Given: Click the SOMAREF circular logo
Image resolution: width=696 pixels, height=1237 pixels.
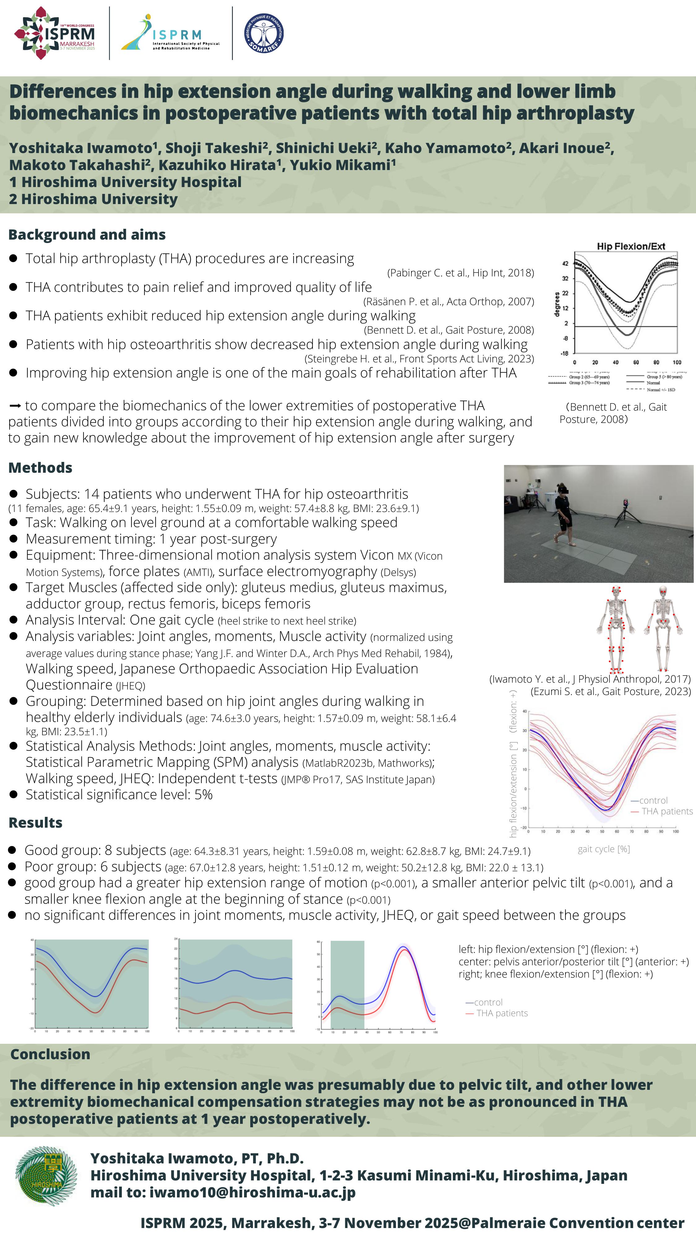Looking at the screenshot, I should pyautogui.click(x=264, y=33).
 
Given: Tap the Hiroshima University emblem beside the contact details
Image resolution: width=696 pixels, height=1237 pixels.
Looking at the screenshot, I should pyautogui.click(x=46, y=1175).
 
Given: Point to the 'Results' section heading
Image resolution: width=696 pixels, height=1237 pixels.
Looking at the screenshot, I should pyautogui.click(x=36, y=823).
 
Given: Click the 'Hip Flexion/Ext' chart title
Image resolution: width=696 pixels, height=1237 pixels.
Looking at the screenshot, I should pyautogui.click(x=631, y=246).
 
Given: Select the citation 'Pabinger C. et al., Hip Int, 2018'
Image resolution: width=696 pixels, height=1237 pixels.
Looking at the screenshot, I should pyautogui.click(x=461, y=273).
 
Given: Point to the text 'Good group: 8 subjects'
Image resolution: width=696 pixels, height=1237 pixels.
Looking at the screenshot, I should pyautogui.click(x=95, y=851).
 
